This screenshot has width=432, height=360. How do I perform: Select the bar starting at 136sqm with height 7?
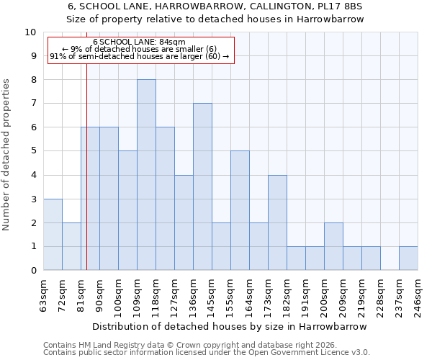tap(202, 186)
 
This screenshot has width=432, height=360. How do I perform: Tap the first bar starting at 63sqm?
tap(53, 234)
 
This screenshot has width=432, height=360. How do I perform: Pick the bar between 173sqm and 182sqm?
tap(277, 222)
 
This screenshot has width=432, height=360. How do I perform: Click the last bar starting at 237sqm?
tap(408, 258)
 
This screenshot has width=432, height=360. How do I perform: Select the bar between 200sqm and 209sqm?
tap(333, 246)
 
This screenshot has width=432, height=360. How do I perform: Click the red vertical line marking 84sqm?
tap(86, 180)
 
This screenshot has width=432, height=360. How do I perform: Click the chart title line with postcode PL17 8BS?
tap(215, 6)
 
